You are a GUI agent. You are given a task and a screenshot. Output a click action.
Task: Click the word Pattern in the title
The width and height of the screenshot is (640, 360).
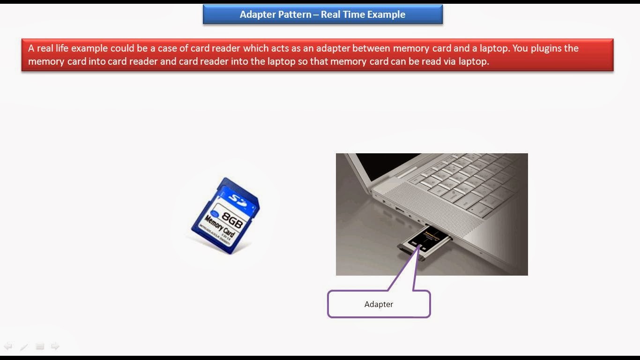(x=294, y=15)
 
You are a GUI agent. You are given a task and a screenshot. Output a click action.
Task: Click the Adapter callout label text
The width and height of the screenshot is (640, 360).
(x=379, y=304)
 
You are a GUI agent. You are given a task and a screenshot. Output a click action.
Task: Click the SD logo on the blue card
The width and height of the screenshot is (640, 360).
(x=238, y=200)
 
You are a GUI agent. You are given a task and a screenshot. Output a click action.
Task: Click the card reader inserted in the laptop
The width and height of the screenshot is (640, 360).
(x=424, y=240)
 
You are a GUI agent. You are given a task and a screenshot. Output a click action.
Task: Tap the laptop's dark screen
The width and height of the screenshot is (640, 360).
(x=384, y=164)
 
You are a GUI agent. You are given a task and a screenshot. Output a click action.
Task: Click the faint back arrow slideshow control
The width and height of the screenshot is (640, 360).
(x=8, y=346)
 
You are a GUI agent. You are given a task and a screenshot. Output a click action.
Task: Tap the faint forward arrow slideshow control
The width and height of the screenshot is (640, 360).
(x=55, y=346)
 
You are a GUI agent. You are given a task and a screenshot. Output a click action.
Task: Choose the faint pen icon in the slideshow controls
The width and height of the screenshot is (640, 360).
(x=24, y=347)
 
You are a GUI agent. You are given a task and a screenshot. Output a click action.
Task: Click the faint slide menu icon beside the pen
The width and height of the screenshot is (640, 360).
(x=40, y=346)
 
